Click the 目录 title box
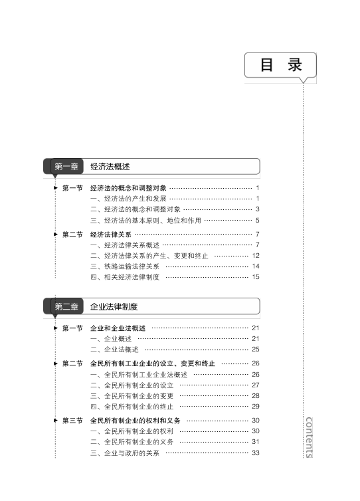point(280,65)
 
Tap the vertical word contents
point(309,437)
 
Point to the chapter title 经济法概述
point(110,167)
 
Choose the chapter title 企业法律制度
point(114,307)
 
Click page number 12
point(256,256)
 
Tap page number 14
point(256,266)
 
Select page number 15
point(256,277)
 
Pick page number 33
point(256,452)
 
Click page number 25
point(256,350)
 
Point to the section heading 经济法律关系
point(110,235)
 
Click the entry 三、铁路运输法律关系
point(125,266)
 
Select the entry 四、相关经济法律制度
point(125,277)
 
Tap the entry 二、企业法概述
point(114,350)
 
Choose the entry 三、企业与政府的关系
point(125,453)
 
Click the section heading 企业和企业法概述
point(118,328)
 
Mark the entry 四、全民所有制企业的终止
point(132,407)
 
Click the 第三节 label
point(72,421)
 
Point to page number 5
point(258,221)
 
